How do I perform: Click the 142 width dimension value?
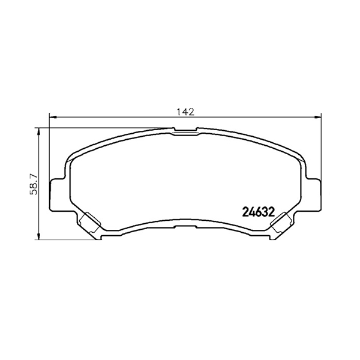coord(185,112)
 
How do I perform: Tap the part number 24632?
coord(259,212)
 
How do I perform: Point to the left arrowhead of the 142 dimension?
coord(53,118)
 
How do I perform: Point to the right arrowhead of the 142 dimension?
coord(317,118)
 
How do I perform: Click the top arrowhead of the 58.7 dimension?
coord(38,131)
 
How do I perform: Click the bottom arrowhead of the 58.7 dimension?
coord(38,236)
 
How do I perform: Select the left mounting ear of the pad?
coord(58,194)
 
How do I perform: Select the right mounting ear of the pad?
coord(313,194)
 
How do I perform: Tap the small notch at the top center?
coord(185,130)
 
